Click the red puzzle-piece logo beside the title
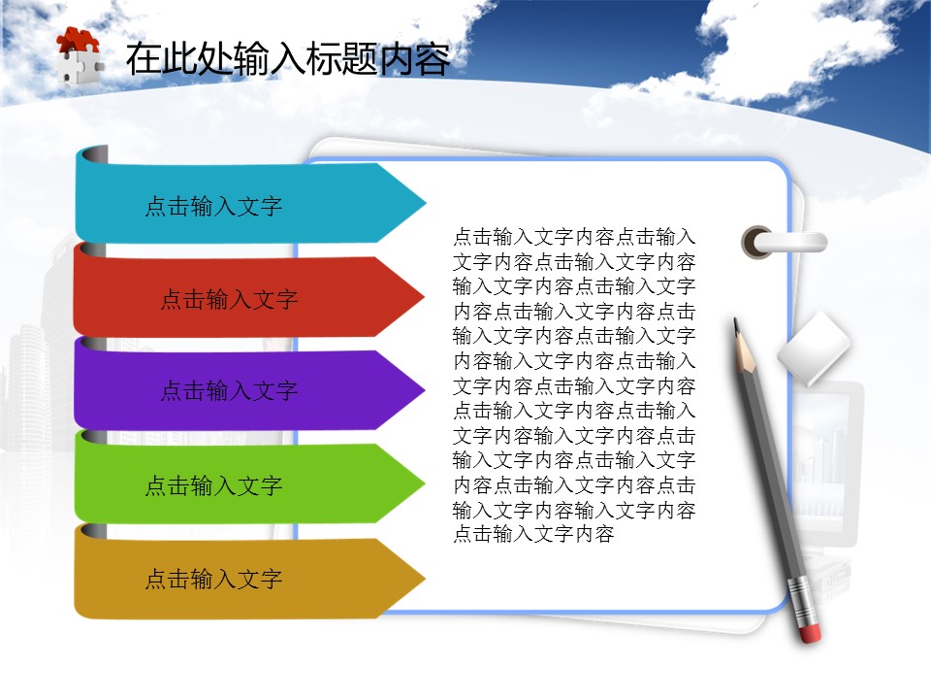click(x=79, y=56)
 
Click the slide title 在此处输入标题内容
click(x=288, y=58)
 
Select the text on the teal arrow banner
click(x=213, y=206)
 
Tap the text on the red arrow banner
click(x=229, y=299)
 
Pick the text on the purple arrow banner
click(x=229, y=390)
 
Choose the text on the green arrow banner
click(x=213, y=485)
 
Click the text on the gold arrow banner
click(x=213, y=579)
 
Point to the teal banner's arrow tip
click(x=426, y=203)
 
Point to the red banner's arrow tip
click(x=425, y=296)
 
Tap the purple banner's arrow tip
click(x=425, y=390)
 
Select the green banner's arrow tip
click(x=425, y=483)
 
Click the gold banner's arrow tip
click(x=425, y=578)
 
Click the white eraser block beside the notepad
click(x=814, y=349)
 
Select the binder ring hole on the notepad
click(x=756, y=243)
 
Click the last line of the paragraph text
click(x=533, y=534)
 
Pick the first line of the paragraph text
click(x=574, y=237)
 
